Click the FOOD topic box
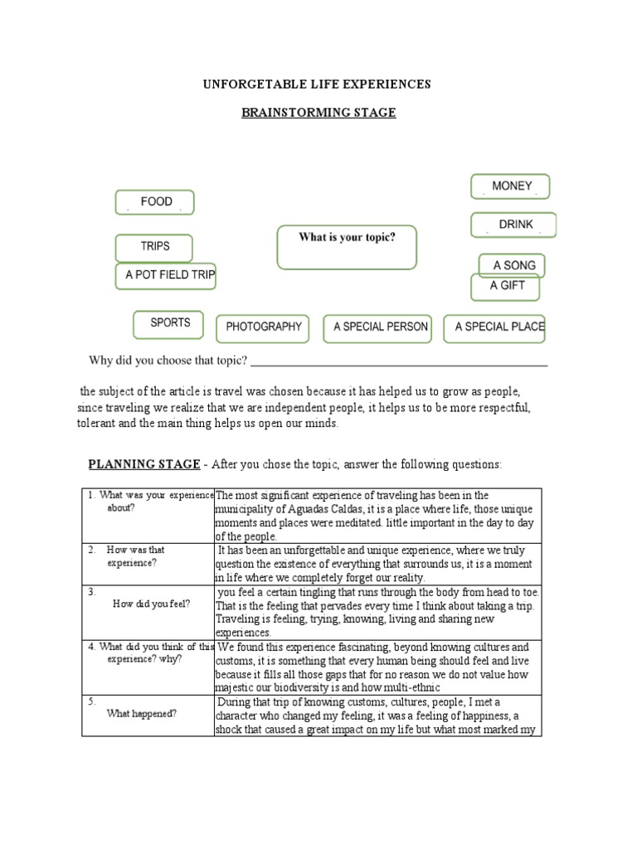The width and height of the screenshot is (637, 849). click(154, 202)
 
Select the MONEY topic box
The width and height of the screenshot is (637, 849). click(510, 187)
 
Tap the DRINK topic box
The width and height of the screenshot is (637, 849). click(513, 225)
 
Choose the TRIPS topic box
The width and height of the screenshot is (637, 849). click(154, 247)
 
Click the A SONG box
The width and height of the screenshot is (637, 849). click(513, 265)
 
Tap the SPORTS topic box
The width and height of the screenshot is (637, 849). click(169, 323)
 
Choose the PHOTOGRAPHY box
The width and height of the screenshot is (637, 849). click(263, 327)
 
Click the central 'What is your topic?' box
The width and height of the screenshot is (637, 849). click(347, 247)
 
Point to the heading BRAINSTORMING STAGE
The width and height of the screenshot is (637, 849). click(318, 112)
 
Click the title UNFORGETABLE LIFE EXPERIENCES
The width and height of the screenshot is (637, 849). click(318, 85)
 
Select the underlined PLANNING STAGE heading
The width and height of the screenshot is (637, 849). click(144, 464)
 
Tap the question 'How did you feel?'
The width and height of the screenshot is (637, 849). click(152, 604)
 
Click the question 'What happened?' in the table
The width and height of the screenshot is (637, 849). click(141, 713)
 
